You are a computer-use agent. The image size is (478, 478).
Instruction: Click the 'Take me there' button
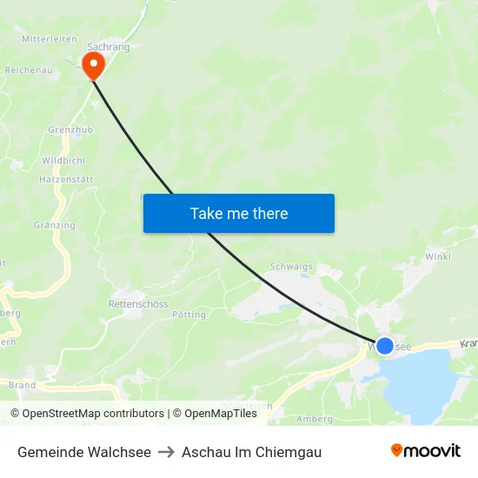[x=239, y=213]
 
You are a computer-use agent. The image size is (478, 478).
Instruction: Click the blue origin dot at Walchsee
[x=385, y=346]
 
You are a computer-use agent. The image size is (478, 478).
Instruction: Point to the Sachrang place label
[x=109, y=47]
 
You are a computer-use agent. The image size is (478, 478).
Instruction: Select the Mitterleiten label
[x=50, y=39]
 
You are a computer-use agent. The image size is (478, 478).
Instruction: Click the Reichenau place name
[x=29, y=70]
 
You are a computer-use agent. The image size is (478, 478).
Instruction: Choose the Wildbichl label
[x=63, y=162]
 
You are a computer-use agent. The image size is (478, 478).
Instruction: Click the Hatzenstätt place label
[x=66, y=179]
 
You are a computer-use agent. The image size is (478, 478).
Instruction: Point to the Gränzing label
[x=55, y=225]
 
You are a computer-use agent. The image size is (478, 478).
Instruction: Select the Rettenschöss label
[x=137, y=304]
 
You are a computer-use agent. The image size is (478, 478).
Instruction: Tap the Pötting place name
[x=189, y=315]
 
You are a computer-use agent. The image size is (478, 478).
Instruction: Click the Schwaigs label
[x=291, y=268]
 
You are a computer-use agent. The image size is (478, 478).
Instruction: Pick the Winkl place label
[x=437, y=257]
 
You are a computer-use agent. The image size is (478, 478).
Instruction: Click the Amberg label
[x=315, y=419]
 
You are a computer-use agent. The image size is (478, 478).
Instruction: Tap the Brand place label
[x=22, y=385]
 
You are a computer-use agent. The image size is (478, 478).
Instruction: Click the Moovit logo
[x=425, y=451]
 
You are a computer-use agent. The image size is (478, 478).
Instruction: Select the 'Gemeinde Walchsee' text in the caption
[x=84, y=452]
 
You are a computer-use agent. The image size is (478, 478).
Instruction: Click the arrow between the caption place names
[x=166, y=452]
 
